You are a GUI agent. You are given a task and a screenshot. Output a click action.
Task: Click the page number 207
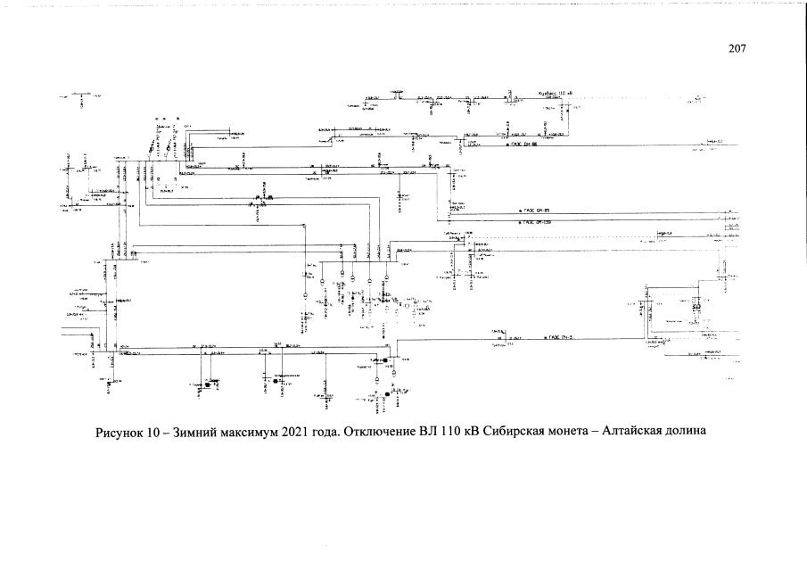pyautogui.click(x=737, y=48)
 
